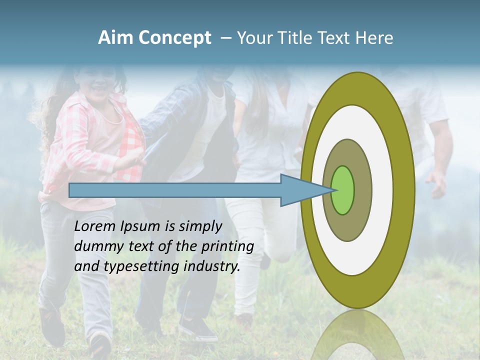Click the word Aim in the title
(115, 38)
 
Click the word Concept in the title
(174, 38)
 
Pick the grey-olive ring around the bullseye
(358, 220)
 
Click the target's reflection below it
(357, 335)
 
